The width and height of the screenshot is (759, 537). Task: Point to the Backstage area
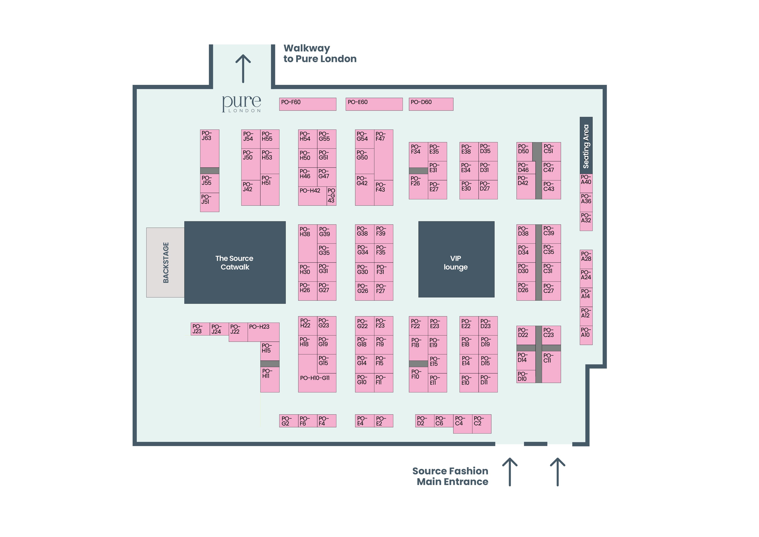(165, 262)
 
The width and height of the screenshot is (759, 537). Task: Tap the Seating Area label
(586, 146)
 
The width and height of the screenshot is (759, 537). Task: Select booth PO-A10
(586, 335)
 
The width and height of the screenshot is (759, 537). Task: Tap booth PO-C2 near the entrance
(482, 424)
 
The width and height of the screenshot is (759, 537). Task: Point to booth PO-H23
(263, 332)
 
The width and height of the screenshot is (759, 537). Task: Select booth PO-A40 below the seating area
(586, 183)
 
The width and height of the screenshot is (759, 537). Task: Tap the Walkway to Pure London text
(320, 54)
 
